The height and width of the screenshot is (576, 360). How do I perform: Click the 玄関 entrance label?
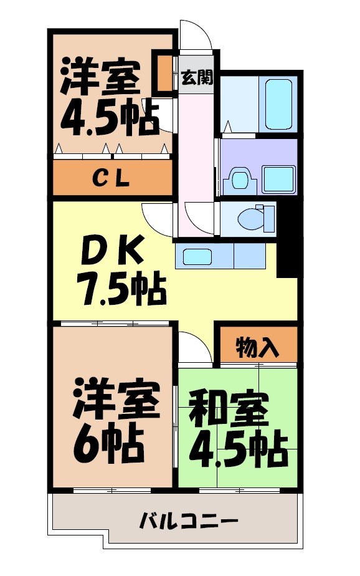click(x=197, y=78)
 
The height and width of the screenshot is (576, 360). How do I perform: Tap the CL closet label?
click(x=111, y=178)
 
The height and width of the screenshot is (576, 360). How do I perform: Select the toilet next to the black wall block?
click(x=255, y=218)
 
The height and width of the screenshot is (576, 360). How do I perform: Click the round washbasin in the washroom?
click(x=239, y=179)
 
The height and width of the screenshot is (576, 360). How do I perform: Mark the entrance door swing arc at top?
click(x=196, y=34)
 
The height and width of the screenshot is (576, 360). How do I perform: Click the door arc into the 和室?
click(x=194, y=347)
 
